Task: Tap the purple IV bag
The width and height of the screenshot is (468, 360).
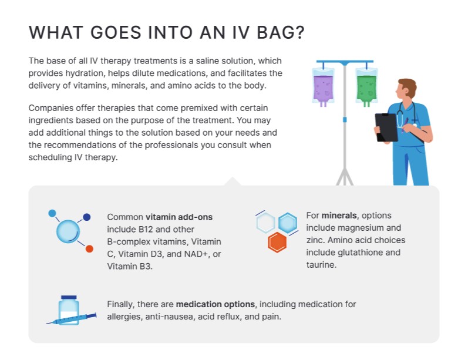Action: tap(322, 85)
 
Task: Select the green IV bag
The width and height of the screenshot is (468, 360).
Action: tap(366, 86)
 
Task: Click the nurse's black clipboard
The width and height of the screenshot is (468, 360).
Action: tap(386, 127)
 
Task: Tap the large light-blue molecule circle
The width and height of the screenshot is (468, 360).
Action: tap(68, 231)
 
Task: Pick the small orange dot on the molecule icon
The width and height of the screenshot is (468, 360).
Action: tap(89, 249)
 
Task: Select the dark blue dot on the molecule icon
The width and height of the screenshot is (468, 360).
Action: tap(87, 217)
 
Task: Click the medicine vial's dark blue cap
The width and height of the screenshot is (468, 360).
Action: tap(69, 298)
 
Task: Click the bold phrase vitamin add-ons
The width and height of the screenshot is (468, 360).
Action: tap(179, 217)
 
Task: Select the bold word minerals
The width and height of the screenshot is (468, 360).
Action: tap(339, 216)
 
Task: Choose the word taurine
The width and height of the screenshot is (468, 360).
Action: tap(321, 265)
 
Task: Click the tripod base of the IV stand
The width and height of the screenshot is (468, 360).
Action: tap(345, 176)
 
